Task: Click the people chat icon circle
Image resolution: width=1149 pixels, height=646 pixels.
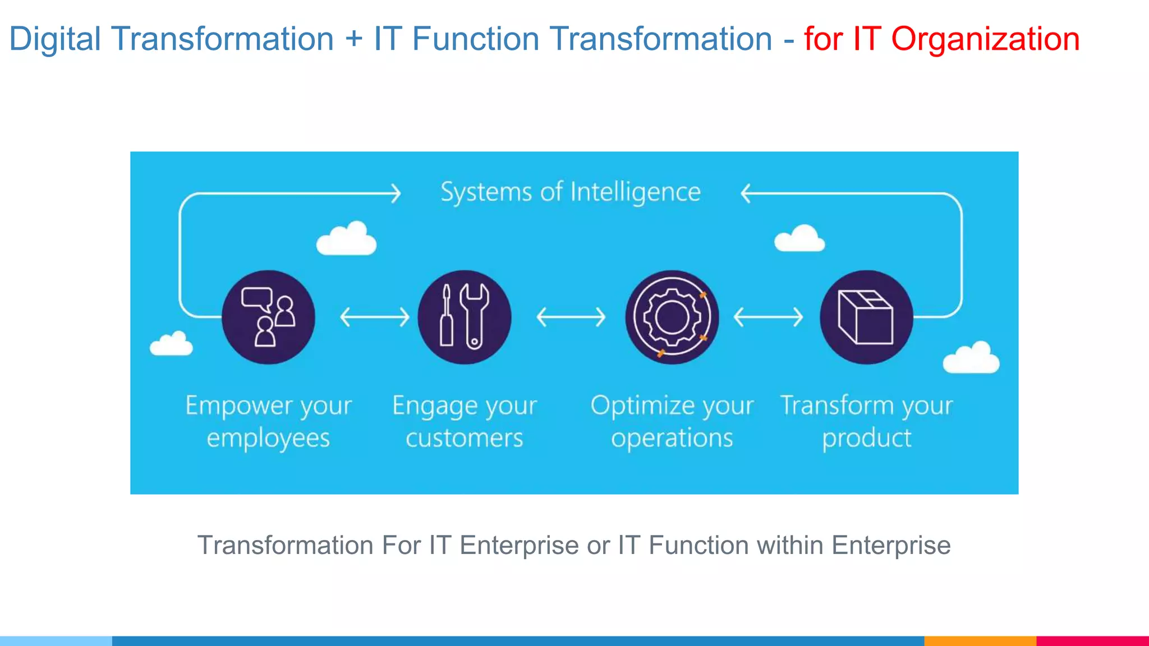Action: (268, 317)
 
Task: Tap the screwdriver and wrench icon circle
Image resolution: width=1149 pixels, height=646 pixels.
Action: (465, 317)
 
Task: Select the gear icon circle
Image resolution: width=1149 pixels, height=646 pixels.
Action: (672, 317)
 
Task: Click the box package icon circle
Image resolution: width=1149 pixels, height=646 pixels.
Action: (866, 317)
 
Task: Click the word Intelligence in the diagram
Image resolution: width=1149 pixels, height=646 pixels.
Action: (635, 192)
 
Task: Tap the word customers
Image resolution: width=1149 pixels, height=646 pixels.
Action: (464, 438)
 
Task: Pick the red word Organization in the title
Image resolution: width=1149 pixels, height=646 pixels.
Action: (985, 39)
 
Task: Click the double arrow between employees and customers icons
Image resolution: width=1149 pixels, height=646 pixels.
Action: (375, 317)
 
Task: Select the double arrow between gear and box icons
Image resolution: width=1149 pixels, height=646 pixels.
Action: (768, 317)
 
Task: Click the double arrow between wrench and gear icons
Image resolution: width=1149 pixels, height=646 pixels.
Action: (571, 317)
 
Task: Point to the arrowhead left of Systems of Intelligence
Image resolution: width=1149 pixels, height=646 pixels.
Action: (396, 193)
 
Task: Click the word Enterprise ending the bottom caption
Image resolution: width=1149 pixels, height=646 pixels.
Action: (891, 545)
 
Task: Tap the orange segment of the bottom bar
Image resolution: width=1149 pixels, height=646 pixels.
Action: (980, 640)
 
